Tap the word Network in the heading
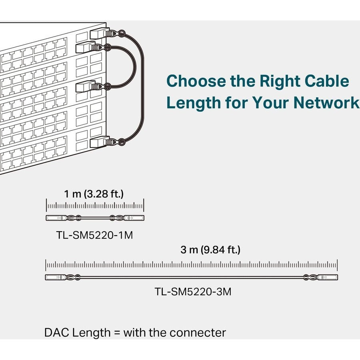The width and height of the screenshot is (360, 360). coord(326,103)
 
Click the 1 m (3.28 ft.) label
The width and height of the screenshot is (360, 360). coord(94,194)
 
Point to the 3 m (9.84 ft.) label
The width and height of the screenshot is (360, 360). coord(210,250)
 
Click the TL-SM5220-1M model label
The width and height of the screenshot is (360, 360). coord(94,235)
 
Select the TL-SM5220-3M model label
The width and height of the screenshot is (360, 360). coord(193,292)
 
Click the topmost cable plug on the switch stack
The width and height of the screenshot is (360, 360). coord(98,33)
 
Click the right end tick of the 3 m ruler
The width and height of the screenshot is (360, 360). coord(337,265)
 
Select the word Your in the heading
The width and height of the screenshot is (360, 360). coord(271,103)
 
